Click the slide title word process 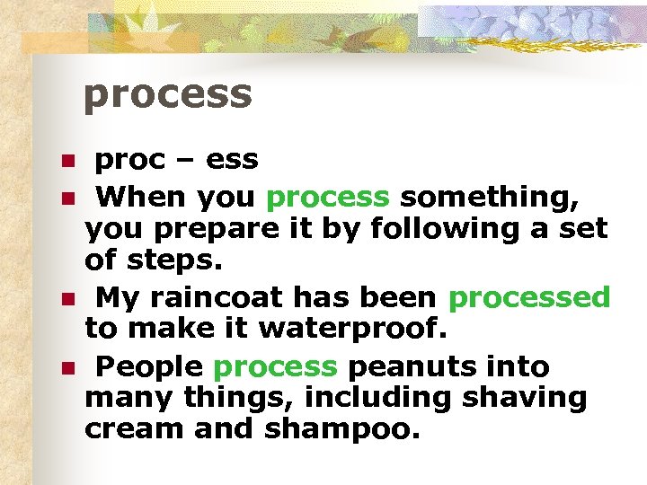point(167,94)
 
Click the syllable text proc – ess point(177,160)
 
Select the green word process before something point(328,196)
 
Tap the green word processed point(529,297)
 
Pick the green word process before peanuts point(275,367)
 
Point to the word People point(151,367)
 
